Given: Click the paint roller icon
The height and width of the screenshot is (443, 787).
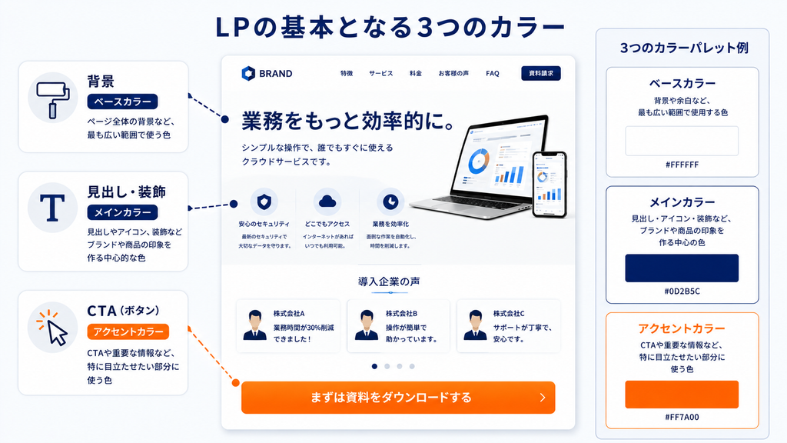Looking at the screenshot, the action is tap(53, 99).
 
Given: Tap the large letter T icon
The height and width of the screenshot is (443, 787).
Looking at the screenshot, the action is tap(52, 208).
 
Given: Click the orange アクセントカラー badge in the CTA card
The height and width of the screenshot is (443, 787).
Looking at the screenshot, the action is tap(128, 331).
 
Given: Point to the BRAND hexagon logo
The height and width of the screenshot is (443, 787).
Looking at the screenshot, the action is tap(248, 73).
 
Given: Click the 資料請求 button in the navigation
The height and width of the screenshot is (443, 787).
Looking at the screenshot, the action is tap(541, 73).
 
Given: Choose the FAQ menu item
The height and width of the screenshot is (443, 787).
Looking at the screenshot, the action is tap(493, 73).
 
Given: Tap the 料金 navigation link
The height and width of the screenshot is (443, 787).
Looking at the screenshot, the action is tap(416, 73).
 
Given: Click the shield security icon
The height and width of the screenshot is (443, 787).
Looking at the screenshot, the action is tap(264, 202).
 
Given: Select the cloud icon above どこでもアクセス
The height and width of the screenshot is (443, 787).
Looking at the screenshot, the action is tap(327, 202).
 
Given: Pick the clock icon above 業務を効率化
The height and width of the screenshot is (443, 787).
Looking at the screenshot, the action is tap(390, 202).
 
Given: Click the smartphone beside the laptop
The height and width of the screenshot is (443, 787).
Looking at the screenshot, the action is tap(550, 185).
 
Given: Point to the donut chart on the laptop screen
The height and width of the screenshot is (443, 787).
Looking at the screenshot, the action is tap(478, 162).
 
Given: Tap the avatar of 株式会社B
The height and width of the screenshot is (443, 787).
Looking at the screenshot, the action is tap(367, 325).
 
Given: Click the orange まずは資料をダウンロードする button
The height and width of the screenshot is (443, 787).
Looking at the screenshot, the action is tap(398, 398).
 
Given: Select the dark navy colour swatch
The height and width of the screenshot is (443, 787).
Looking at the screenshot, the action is tap(682, 268).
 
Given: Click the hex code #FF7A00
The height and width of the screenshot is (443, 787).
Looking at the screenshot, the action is tap(682, 417).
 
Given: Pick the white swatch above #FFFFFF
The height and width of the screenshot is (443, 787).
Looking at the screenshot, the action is tap(682, 142).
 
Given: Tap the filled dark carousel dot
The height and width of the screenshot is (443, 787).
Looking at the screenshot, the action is tap(374, 366).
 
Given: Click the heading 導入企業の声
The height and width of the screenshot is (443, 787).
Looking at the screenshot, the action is tap(390, 281).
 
